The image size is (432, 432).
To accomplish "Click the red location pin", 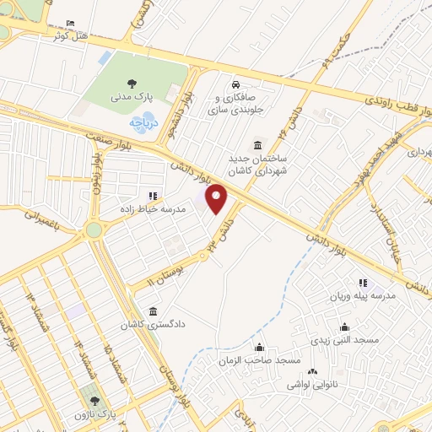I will click(x=218, y=198).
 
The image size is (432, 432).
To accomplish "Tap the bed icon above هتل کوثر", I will click(x=69, y=22).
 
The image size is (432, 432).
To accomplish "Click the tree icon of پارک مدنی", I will click(x=131, y=83).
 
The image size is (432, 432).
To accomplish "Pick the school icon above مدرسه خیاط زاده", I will click(x=153, y=197).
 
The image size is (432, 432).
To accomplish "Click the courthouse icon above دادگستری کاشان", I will click(x=152, y=310).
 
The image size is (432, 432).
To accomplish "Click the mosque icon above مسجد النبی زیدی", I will click(x=344, y=327).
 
